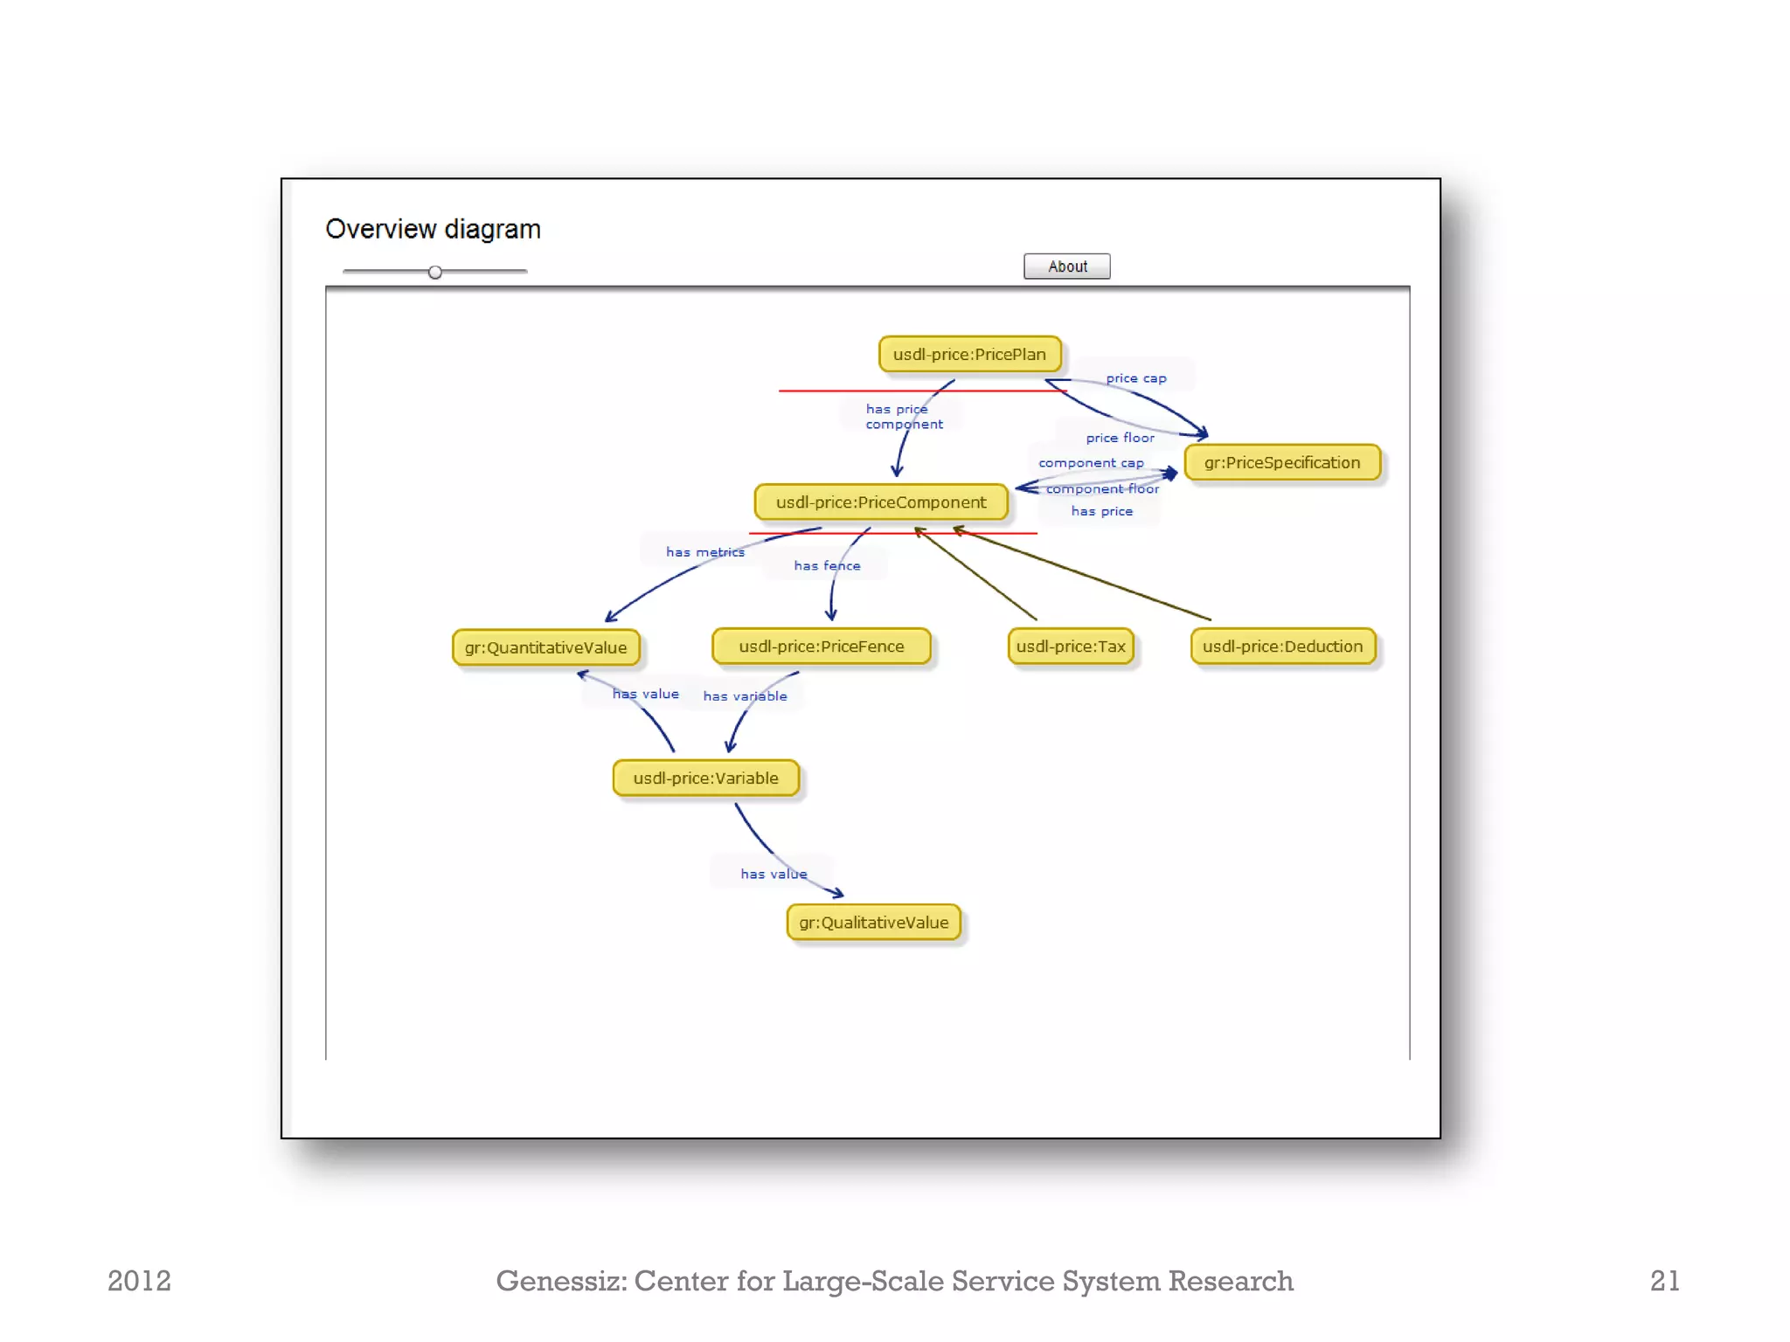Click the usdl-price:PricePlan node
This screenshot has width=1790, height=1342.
tap(969, 354)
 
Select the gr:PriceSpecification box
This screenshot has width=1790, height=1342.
tap(1282, 462)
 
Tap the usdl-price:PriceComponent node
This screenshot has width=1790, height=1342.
tap(881, 502)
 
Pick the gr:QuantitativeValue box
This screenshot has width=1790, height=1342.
tap(545, 647)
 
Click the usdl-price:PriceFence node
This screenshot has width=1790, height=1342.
tap(821, 647)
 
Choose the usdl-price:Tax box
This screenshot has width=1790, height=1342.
tap(1071, 647)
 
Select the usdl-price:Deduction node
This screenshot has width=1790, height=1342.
tap(1282, 647)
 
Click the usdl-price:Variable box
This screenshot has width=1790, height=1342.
tap(705, 778)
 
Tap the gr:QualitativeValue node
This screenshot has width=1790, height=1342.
tap(873, 923)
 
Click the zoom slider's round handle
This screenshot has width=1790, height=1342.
tap(434, 273)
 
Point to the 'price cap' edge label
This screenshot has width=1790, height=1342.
tap(1135, 378)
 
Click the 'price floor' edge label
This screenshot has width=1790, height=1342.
tap(1120, 438)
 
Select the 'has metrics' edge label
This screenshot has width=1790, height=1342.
tap(704, 552)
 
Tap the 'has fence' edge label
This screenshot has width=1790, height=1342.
tap(827, 566)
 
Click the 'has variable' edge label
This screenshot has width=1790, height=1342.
tap(745, 696)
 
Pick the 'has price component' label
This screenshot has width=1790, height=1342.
tap(904, 417)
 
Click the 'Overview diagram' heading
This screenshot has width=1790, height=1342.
tap(433, 229)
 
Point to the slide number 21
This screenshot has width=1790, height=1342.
tap(1664, 1281)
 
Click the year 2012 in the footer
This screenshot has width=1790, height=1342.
tap(139, 1281)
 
